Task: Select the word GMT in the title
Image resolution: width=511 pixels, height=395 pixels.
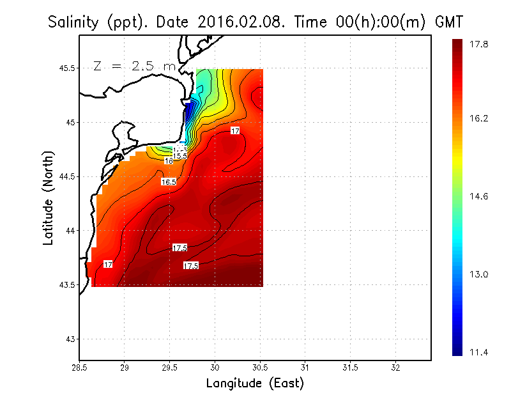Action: [x=448, y=22]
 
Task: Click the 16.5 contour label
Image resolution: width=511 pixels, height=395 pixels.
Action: [x=169, y=182]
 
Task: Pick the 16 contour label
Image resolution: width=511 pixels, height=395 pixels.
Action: [x=169, y=161]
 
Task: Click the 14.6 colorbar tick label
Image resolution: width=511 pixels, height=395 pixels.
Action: [x=480, y=196]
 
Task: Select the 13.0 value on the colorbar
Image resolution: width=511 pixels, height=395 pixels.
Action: [x=480, y=274]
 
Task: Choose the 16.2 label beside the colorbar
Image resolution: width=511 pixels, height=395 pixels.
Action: [x=480, y=119]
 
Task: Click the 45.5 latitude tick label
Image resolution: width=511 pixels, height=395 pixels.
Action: [x=66, y=68]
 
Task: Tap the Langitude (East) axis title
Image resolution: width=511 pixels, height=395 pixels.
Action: [x=255, y=383]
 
